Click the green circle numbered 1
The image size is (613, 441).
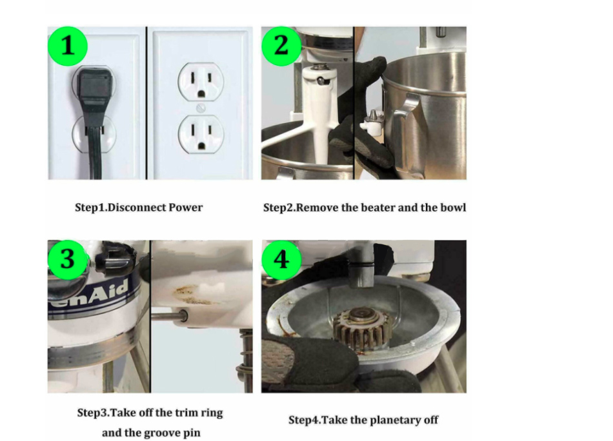tap(67, 46)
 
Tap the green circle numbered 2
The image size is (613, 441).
tap(281, 46)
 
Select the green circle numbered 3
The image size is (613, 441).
tap(67, 259)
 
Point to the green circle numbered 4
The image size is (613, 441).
tap(281, 259)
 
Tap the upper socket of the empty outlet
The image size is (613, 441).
tap(201, 82)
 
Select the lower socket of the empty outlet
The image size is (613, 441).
tap(201, 134)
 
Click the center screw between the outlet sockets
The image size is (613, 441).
tap(201, 108)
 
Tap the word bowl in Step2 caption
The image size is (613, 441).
tap(453, 208)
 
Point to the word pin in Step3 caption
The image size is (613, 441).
tap(192, 433)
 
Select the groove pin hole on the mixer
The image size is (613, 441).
tap(184, 315)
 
